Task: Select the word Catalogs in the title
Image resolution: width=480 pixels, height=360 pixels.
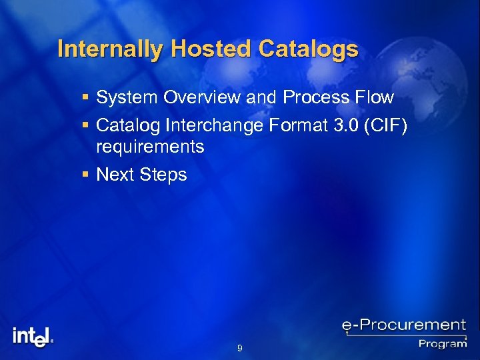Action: point(308,49)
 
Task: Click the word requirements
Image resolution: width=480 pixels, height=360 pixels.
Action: point(150,147)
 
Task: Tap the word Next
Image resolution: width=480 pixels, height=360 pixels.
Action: point(115,175)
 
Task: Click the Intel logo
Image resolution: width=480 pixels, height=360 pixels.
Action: point(32,336)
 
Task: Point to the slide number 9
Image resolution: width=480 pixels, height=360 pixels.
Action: point(239,348)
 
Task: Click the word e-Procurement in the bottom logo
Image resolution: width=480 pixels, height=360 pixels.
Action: point(403,326)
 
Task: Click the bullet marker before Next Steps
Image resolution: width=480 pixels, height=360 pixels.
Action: point(84,175)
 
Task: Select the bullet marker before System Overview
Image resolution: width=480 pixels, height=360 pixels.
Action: point(84,98)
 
